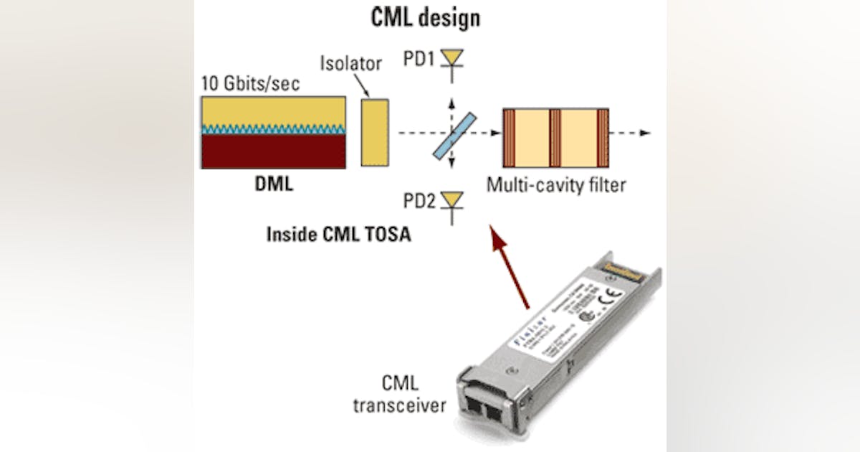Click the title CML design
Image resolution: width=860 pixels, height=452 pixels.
(x=425, y=18)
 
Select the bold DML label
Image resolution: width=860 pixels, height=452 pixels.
(x=274, y=185)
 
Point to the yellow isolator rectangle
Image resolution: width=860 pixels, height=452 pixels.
(x=375, y=133)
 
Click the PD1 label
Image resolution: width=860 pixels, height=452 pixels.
(x=419, y=58)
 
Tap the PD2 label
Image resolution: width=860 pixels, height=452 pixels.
(x=419, y=202)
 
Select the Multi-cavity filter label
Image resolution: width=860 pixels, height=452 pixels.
(x=556, y=185)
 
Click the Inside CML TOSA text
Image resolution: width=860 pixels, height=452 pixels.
(x=339, y=234)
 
